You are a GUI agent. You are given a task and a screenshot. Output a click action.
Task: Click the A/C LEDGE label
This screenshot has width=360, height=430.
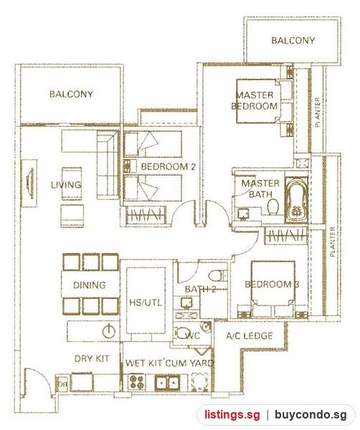click(x=249, y=335)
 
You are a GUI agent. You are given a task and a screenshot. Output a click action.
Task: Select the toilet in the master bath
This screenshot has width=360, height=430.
click(x=273, y=206)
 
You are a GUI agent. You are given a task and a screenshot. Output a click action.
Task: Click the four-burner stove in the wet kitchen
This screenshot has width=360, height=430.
click(x=137, y=382)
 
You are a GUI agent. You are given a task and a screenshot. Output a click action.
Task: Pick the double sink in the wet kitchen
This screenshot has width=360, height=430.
click(x=167, y=382)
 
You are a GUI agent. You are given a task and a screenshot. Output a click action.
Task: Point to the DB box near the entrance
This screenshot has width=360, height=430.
click(x=62, y=384)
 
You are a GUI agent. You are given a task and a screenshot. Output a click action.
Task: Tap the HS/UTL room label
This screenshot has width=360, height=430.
click(x=146, y=302)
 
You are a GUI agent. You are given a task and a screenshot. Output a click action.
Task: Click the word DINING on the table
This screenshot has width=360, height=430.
click(x=90, y=285)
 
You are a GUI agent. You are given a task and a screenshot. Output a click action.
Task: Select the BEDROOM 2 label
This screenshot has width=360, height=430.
click(x=169, y=166)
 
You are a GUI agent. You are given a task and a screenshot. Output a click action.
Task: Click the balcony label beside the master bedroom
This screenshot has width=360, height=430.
click(x=293, y=41)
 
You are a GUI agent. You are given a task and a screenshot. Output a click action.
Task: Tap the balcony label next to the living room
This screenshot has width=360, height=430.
click(x=71, y=94)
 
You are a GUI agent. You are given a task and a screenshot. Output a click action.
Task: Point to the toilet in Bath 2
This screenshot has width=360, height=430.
click(x=218, y=275)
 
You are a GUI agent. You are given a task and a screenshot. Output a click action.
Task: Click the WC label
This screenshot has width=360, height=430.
click(x=193, y=335)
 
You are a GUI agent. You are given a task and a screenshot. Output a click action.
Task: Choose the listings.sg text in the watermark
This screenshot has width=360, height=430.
click(x=232, y=414)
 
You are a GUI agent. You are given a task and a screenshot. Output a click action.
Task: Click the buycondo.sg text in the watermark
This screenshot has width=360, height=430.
click(x=311, y=414)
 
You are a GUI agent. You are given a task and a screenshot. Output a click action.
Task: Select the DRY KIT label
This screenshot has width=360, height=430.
click(x=92, y=358)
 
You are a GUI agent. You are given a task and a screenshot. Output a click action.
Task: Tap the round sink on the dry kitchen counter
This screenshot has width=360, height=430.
click(x=109, y=331)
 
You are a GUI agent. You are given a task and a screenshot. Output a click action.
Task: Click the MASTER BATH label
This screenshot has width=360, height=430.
click(x=260, y=188)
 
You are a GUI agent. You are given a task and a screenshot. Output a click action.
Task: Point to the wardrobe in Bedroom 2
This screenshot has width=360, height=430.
click(x=146, y=215)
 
